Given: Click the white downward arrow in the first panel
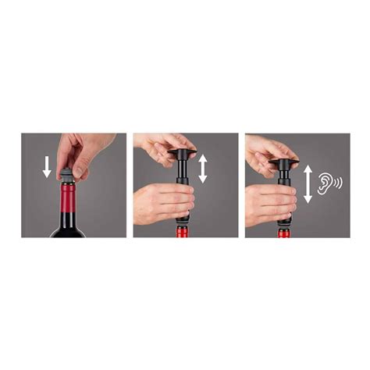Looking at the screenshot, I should point(46,165).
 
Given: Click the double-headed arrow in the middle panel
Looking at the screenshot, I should point(203,168).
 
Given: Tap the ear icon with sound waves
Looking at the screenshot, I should point(331,183).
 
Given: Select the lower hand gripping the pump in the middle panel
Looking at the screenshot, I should point(164,201).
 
